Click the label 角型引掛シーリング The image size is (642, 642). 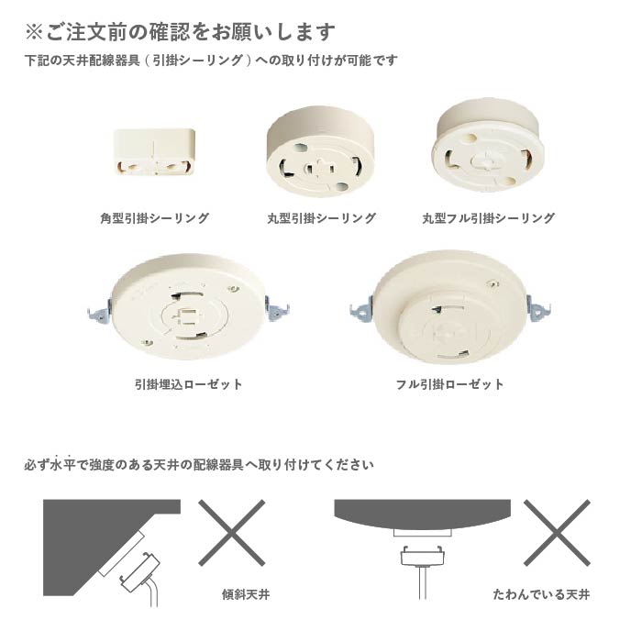coord(154,219)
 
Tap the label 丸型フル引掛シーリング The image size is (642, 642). coord(488,219)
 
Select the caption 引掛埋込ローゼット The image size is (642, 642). coord(188,384)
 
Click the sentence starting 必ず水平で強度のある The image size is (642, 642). coord(199,465)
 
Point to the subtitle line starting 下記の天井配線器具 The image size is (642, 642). coord(211,61)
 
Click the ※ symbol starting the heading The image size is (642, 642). coord(34,32)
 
